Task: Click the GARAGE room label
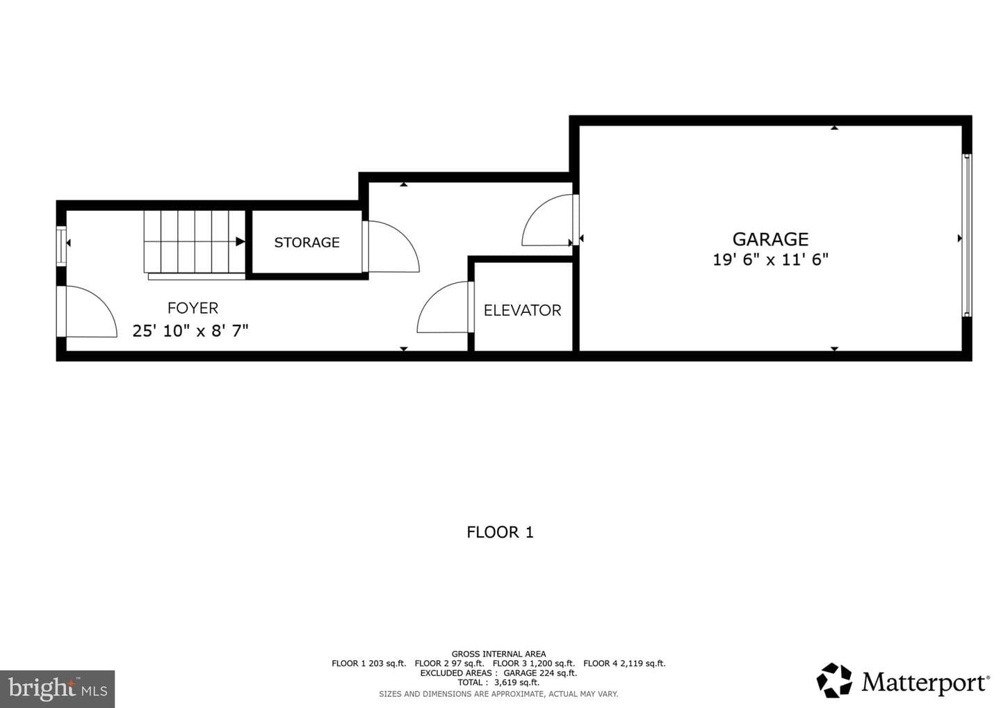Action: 770,239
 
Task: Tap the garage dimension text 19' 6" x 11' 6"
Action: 770,259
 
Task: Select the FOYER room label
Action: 193,308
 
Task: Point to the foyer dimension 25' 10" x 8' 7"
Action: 190,331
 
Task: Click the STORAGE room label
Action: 307,242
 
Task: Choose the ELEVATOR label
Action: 523,310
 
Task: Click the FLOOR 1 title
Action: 500,532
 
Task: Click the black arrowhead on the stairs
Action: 241,242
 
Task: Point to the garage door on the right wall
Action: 966,236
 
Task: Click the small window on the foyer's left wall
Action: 61,246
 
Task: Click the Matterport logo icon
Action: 834,681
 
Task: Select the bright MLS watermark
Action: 57,689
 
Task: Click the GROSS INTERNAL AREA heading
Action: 498,654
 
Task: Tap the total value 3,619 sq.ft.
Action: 516,682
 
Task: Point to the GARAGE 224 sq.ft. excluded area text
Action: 540,673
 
